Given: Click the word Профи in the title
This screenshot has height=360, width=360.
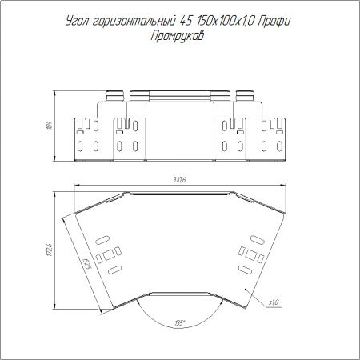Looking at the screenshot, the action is (274, 22).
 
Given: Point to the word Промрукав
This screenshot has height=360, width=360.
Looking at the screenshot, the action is (178, 36).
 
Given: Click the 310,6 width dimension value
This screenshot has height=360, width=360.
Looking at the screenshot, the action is (179, 180).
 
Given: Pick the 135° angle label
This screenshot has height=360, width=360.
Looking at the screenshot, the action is (180, 323).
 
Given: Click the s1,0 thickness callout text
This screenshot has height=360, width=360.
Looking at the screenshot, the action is (274, 302).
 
